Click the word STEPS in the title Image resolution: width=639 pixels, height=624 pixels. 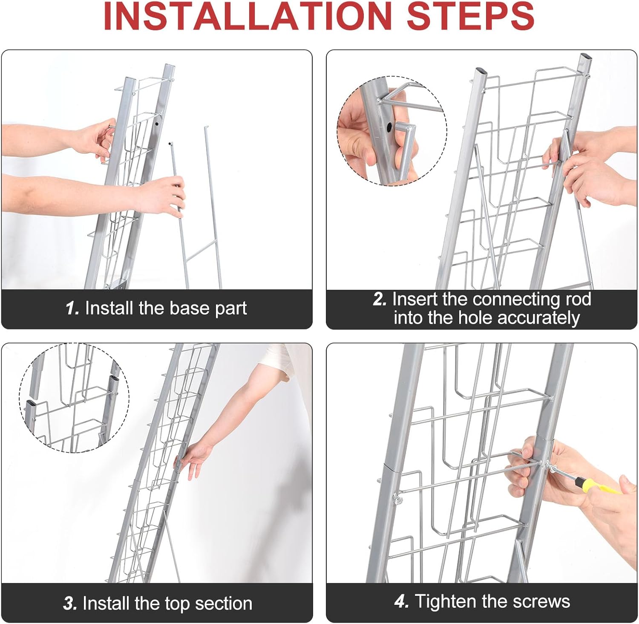click(x=471, y=16)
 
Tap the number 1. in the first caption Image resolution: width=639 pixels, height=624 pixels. click(x=72, y=308)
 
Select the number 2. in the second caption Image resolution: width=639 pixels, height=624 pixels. click(x=380, y=299)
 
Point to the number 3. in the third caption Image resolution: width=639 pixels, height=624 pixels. click(x=70, y=604)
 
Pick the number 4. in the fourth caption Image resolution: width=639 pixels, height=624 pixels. click(x=402, y=601)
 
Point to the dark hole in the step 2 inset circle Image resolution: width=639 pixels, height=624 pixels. click(x=389, y=127)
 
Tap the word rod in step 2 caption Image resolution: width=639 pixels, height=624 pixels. click(x=579, y=299)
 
